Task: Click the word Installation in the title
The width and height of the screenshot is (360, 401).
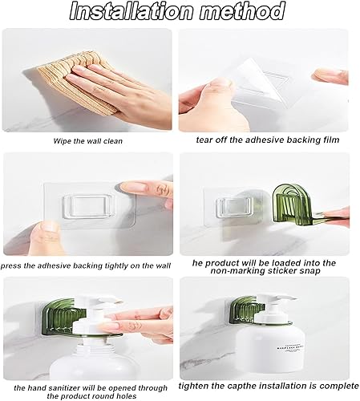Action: point(131,11)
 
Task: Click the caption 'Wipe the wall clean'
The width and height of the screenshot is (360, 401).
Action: point(87,141)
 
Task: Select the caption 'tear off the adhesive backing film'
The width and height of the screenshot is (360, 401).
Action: point(268,140)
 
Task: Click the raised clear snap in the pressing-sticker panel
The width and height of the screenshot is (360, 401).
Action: point(87,205)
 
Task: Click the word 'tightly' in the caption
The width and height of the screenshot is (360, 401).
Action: point(116,265)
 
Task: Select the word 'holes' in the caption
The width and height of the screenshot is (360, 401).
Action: point(124,396)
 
